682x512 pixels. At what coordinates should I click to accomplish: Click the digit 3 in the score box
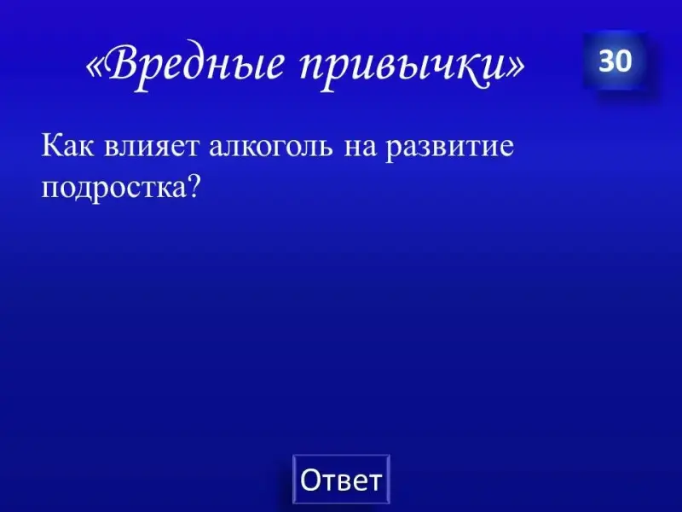(606, 61)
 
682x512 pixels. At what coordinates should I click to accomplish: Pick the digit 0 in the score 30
(623, 61)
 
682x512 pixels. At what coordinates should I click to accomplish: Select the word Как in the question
(67, 146)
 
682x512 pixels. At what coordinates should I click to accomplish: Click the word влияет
(152, 146)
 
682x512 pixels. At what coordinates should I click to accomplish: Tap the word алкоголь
(272, 146)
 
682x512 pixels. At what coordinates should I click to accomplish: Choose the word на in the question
(360, 148)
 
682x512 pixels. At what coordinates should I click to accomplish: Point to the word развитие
(450, 147)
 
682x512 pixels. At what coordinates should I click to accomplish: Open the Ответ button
(342, 480)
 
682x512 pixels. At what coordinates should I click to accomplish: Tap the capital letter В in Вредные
(122, 65)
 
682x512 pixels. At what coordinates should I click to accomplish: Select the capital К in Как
(50, 146)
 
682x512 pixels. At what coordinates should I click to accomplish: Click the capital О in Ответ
(309, 480)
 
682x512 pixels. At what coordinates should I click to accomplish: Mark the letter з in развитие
(427, 148)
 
